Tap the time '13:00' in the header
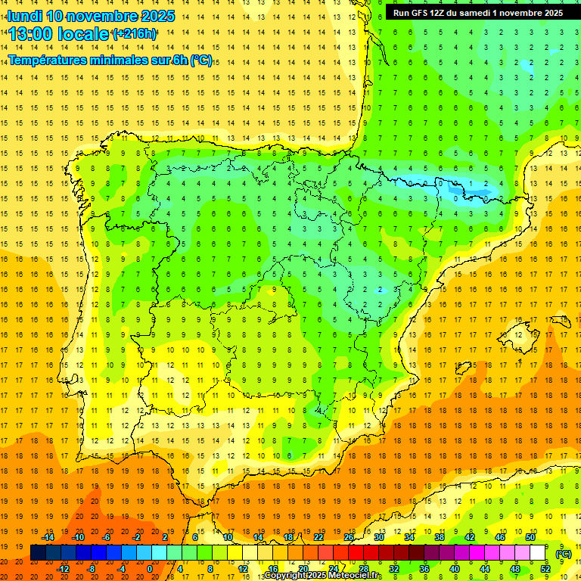click(33, 34)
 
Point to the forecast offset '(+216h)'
click(134, 34)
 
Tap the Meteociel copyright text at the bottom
click(322, 576)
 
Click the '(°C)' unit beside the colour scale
click(564, 553)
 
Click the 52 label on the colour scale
click(545, 569)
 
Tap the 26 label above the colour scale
click(349, 537)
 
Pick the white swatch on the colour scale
click(537, 553)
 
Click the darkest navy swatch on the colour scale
click(38, 553)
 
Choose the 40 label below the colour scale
click(455, 569)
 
